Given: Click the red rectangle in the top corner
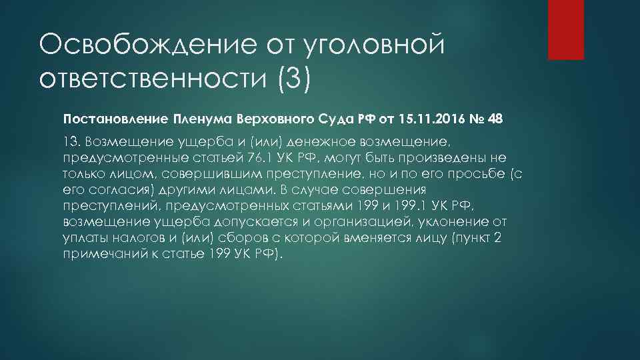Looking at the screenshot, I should pos(565,29).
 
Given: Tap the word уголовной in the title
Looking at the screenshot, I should pos(373,46).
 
